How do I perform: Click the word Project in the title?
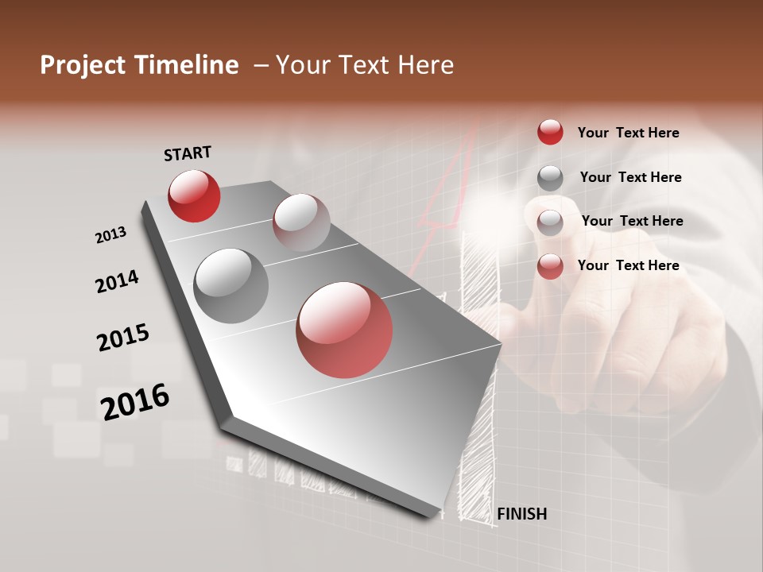point(82,65)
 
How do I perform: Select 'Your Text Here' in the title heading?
point(365,65)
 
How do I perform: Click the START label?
point(188,153)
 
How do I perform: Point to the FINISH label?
point(521,514)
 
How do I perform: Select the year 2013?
point(110,236)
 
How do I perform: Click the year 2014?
point(117,282)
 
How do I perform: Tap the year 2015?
point(122,338)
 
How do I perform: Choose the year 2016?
point(134,402)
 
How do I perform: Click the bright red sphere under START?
point(194,195)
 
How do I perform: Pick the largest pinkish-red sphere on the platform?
point(344,330)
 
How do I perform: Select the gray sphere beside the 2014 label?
point(230,286)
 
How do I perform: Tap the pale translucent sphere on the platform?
point(301,222)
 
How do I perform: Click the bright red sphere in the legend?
point(550,132)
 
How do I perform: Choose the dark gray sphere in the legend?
point(550,178)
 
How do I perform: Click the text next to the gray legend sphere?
point(630,177)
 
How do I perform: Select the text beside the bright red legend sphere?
point(628,133)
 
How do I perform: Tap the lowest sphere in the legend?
point(550,266)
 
